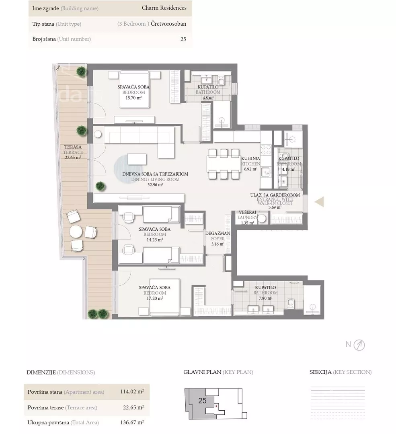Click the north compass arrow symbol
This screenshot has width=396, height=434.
pos(359,345)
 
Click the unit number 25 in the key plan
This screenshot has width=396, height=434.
pos(203,400)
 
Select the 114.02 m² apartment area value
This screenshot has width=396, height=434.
pos(132,392)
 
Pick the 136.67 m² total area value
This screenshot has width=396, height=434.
pos(132,422)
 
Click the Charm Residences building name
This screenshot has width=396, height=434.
pos(164,8)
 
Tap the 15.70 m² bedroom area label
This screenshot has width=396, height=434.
pos(133,98)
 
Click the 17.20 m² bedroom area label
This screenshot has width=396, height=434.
pos(155,298)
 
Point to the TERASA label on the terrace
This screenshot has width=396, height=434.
pos(73,147)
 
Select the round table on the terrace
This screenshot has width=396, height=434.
pos(76,232)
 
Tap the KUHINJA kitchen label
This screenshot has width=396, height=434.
pos(250,158)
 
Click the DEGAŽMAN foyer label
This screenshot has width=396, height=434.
pos(217,233)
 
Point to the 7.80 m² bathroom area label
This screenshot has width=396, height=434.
pos(265,298)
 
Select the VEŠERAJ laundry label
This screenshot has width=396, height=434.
pos(247,212)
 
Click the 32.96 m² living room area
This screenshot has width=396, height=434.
pos(155,184)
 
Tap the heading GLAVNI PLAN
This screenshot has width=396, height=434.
pos(202,372)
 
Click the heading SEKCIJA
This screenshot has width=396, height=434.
pos(320,372)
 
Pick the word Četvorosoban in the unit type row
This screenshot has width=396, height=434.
pos(168,24)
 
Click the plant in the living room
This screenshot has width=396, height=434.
pos(101,186)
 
